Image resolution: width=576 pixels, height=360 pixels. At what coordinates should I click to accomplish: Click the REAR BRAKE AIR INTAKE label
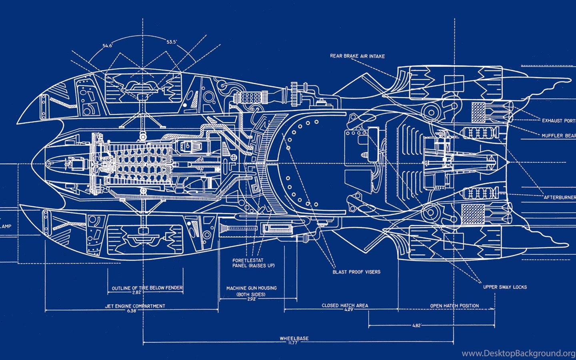click(357, 56)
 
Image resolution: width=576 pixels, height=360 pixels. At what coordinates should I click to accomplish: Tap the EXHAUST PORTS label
click(558, 120)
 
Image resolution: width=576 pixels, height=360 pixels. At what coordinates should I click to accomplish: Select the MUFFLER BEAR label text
click(558, 136)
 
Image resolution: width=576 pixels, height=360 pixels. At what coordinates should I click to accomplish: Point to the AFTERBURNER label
click(559, 197)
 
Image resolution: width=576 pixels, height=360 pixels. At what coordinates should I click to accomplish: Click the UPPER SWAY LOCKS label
click(505, 287)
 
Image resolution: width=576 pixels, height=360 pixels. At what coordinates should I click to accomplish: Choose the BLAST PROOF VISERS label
click(356, 272)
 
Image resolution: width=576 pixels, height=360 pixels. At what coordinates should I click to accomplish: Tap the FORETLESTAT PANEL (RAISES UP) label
click(253, 263)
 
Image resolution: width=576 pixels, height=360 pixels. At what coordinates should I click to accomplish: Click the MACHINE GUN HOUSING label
click(251, 288)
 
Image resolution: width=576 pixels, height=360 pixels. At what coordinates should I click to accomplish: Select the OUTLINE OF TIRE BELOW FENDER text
click(147, 288)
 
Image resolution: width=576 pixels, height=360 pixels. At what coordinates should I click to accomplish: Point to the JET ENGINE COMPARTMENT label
click(135, 306)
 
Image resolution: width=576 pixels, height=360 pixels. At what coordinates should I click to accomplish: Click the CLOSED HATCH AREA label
click(345, 305)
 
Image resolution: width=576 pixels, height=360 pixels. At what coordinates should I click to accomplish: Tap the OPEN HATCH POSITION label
click(454, 306)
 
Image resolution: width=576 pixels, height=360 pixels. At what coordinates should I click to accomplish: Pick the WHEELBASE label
click(294, 338)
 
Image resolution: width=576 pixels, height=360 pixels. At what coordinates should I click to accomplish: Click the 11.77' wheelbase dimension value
click(294, 343)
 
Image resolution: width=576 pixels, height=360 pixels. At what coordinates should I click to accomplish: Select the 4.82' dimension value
click(416, 326)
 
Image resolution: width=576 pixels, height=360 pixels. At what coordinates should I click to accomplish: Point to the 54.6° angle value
click(108, 46)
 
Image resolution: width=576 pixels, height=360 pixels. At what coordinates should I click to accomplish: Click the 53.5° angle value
click(172, 42)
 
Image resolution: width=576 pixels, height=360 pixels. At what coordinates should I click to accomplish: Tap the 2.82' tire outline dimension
click(137, 292)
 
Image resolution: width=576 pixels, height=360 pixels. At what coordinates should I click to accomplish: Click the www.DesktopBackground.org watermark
click(518, 353)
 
